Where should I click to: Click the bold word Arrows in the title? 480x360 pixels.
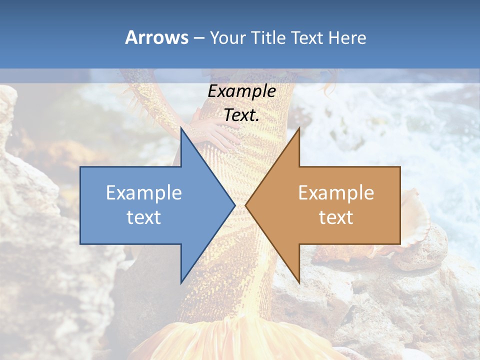[x=156, y=37]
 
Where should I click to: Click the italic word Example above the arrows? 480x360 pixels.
[x=241, y=91]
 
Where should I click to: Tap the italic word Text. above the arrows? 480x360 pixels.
[x=241, y=115]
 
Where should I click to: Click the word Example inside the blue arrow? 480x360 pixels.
[x=144, y=193]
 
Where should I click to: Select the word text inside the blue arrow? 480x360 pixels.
[x=144, y=217]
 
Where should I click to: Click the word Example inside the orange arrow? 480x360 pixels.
[x=336, y=193]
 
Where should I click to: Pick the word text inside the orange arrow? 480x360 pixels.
[x=336, y=217]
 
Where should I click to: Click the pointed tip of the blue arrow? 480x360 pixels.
[x=234, y=205]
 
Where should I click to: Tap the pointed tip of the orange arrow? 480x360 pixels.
[x=246, y=205]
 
